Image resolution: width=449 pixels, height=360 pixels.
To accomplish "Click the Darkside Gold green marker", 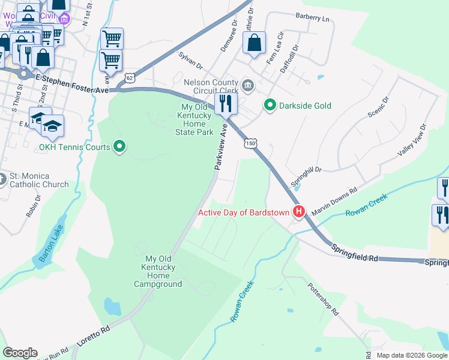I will click(x=270, y=106).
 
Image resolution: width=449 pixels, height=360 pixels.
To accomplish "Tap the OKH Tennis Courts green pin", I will click(x=119, y=146).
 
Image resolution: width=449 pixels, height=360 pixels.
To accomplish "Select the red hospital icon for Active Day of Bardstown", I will click(x=298, y=212).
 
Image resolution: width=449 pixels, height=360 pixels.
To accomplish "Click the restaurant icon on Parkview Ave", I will click(x=226, y=103).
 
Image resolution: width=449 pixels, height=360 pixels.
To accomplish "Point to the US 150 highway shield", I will click(x=250, y=143).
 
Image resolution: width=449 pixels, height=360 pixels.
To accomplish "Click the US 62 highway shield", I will click(x=130, y=78).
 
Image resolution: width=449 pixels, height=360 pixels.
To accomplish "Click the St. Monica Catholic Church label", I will click(x=39, y=181).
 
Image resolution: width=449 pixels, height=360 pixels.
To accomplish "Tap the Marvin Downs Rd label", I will click(x=334, y=197).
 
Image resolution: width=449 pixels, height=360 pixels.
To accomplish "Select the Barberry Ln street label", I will click(x=313, y=19).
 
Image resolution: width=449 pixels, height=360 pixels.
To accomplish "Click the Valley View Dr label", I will click(x=412, y=141).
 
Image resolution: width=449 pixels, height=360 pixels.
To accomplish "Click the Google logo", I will click(x=20, y=353).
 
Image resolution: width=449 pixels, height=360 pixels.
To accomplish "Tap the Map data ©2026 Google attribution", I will click(x=411, y=355).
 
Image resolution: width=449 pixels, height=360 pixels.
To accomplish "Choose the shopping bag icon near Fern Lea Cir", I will click(x=255, y=43).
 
